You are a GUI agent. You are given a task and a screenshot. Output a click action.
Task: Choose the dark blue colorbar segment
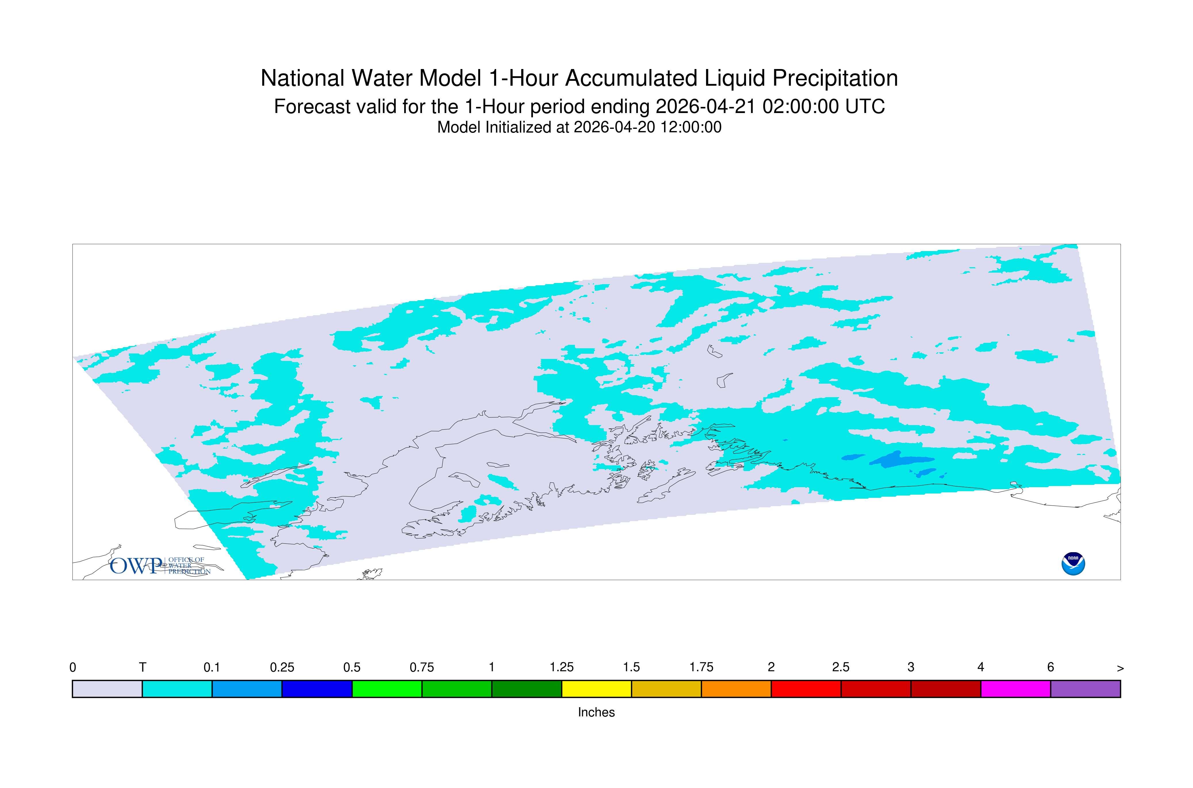point(317,689)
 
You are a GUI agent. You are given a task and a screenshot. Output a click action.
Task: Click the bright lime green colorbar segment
point(387,689)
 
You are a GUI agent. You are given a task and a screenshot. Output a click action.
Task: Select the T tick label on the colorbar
point(143,667)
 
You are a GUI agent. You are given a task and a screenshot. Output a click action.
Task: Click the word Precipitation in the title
point(835,79)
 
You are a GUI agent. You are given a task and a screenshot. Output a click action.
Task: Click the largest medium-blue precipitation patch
point(902,459)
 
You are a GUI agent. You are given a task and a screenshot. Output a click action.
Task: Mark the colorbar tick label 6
point(1050,667)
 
